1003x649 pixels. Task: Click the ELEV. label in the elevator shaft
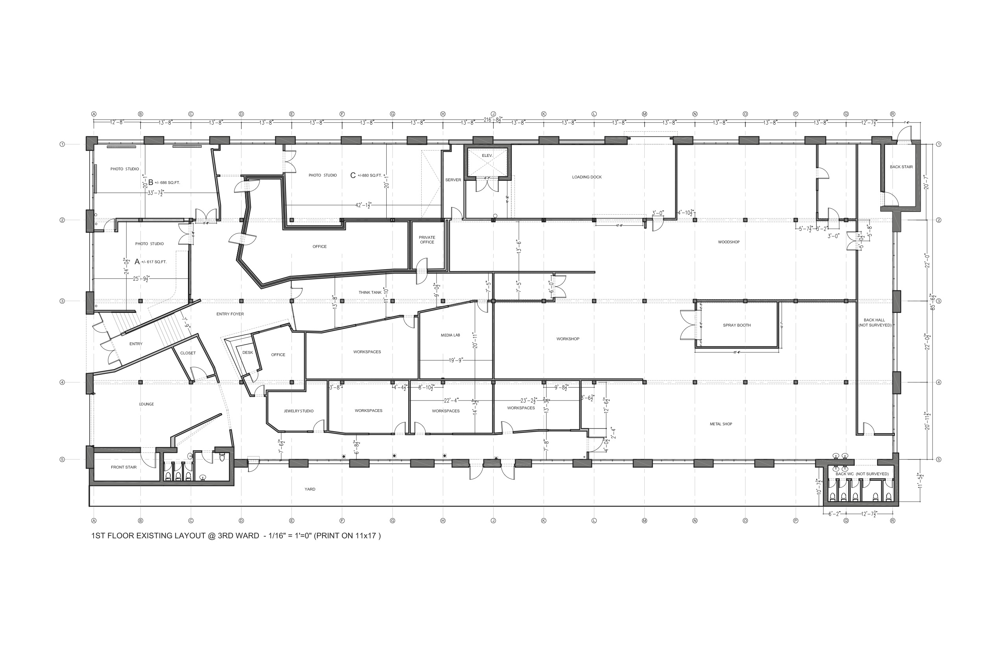point(487,156)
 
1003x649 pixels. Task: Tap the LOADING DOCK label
point(586,177)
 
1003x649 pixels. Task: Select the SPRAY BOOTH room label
point(737,325)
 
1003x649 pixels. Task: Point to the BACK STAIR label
point(901,167)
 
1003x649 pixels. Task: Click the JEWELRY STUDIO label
point(299,411)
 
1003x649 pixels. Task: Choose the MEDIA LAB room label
point(450,336)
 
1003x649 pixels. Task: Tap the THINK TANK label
point(370,293)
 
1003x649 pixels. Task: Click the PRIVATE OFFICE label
point(427,240)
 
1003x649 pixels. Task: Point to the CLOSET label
point(188,353)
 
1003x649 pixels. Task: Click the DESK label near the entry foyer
point(248,353)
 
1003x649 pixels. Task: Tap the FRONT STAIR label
point(124,467)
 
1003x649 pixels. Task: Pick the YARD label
point(310,489)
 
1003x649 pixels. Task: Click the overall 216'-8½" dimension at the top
point(492,120)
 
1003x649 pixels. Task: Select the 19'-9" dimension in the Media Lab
point(455,360)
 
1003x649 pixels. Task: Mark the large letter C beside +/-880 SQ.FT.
point(353,176)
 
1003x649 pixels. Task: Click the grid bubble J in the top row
point(493,114)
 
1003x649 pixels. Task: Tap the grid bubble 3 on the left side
point(63,301)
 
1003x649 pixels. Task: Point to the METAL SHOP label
point(721,424)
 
